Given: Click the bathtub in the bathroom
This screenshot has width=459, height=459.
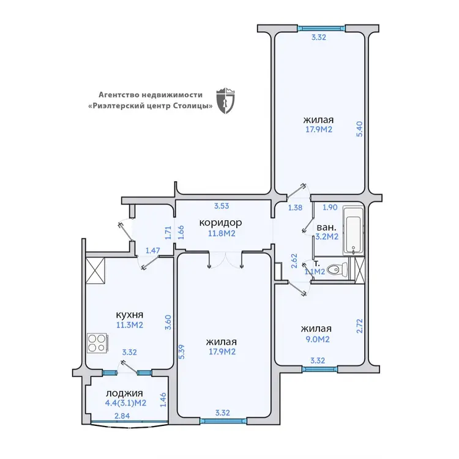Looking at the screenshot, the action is point(353,231).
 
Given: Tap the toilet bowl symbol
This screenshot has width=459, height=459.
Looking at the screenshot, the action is point(337,269).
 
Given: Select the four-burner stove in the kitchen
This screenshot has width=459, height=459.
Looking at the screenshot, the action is point(98,343).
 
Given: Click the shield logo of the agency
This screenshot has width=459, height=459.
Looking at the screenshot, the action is point(225,100).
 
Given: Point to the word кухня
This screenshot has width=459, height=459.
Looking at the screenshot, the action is point(130,315).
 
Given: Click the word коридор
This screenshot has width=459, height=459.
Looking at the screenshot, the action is point(220,223).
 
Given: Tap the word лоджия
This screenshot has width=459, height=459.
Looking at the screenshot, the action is point(124,393).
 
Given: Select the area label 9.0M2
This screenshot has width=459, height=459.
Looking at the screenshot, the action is point(318,339).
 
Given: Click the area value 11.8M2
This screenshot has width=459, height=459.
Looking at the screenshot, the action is point(222,234).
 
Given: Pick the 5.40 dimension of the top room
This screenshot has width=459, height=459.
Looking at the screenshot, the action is point(359,129).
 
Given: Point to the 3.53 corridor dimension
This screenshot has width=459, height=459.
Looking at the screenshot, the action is point(222,206).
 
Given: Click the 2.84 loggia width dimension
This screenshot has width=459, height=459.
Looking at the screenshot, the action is point(122,416).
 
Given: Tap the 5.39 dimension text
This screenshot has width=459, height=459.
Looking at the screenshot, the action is point(182,352).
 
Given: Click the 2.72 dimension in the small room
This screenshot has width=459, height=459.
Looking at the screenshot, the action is point(359,326).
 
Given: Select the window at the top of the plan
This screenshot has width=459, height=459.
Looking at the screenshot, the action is point(321,28).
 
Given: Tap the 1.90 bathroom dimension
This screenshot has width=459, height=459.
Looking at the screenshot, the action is point(330,207).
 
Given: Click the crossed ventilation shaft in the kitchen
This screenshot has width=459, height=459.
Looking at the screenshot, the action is point(95,271).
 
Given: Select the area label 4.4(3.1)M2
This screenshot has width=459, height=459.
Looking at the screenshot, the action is point(125,403).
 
